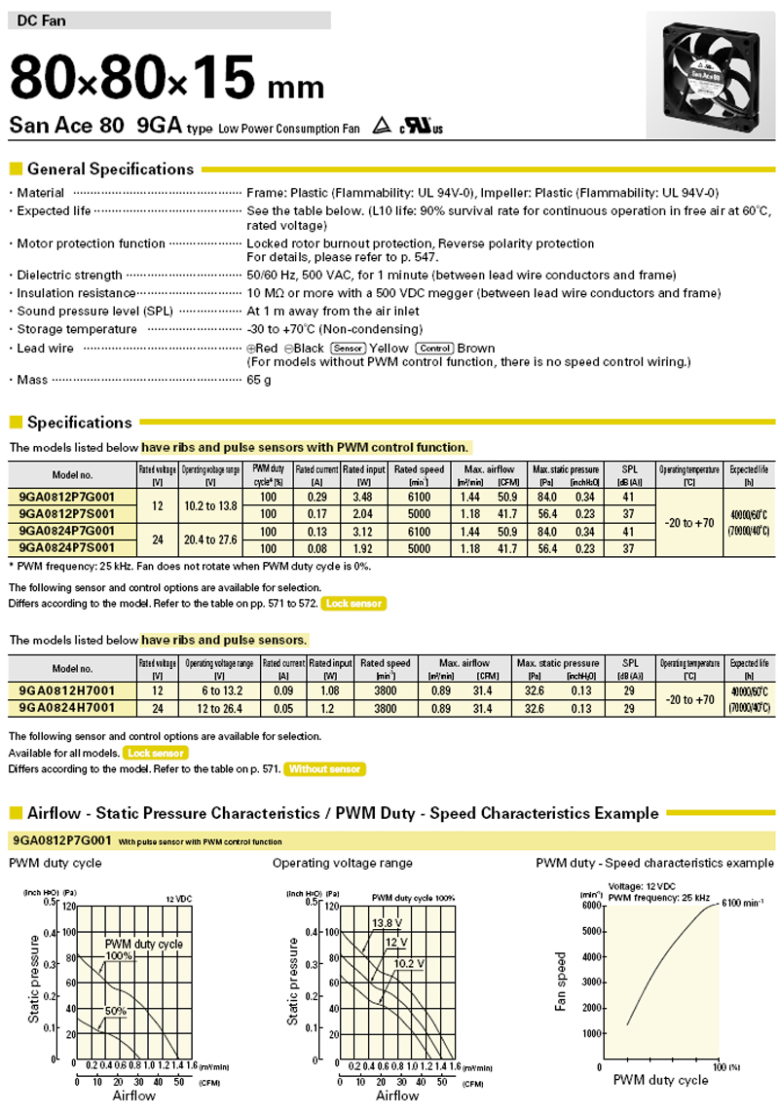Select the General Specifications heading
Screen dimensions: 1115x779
click(x=110, y=168)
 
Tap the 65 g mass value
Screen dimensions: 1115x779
click(x=259, y=380)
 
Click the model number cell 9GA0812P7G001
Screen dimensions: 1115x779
click(x=67, y=495)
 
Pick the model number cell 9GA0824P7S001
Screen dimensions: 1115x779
click(x=67, y=548)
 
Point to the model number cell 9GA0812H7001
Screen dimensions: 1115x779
click(x=67, y=690)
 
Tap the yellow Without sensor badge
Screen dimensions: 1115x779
click(x=325, y=769)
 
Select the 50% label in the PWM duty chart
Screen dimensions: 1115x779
click(x=117, y=1011)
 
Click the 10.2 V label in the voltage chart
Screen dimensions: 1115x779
click(x=408, y=963)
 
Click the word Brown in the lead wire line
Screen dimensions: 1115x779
click(x=476, y=349)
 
